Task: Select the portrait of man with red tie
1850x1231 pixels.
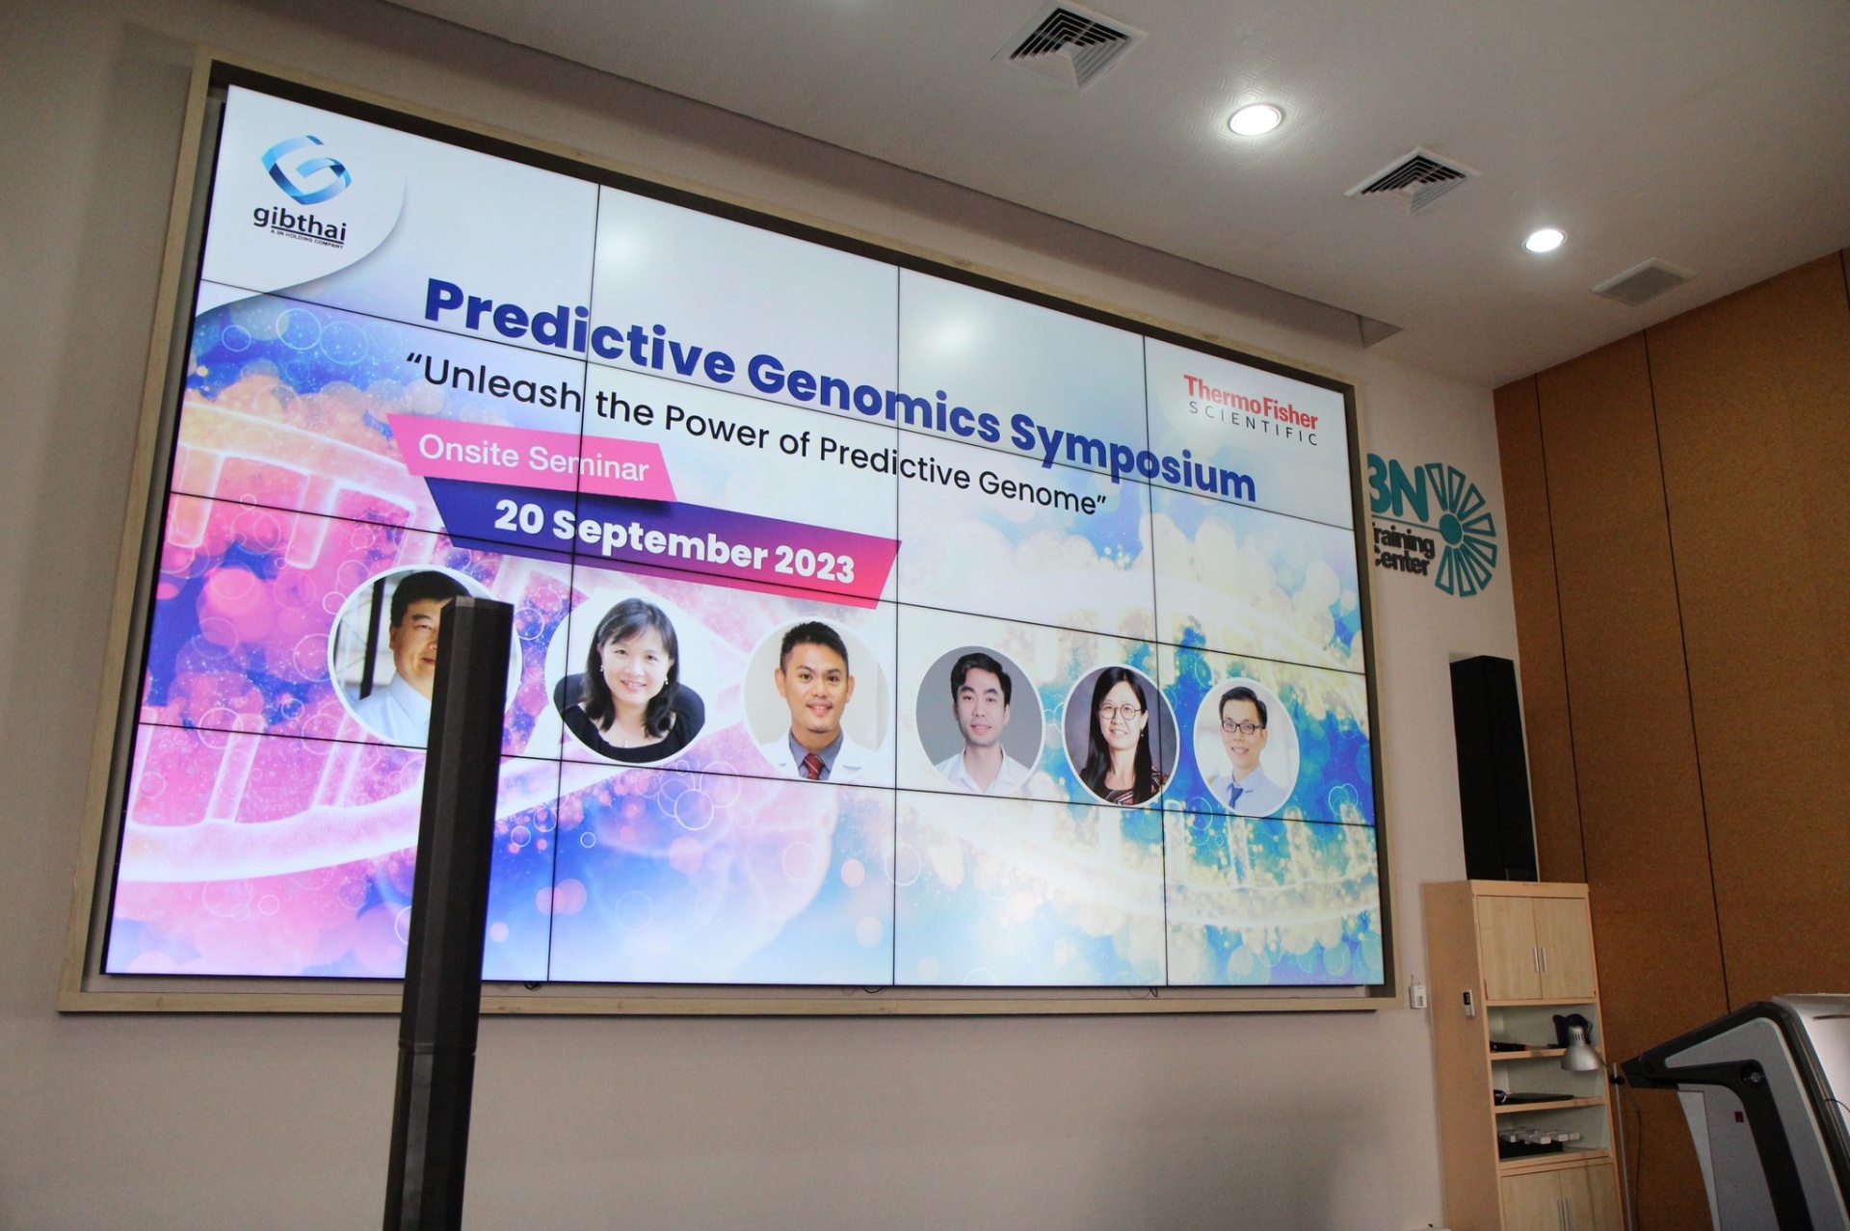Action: pyautogui.click(x=816, y=700)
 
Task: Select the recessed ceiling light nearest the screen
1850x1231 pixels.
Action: pyautogui.click(x=1254, y=119)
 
